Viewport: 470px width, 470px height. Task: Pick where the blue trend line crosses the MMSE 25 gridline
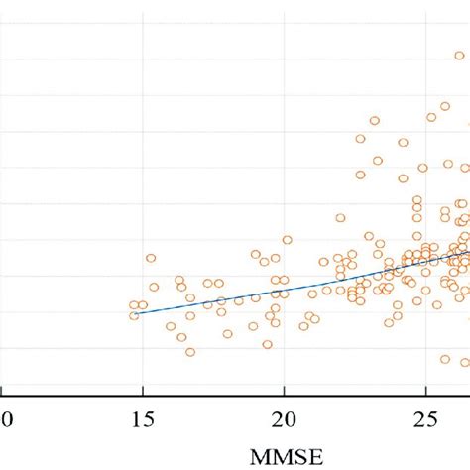click(427, 257)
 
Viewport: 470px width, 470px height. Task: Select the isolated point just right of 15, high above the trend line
click(151, 258)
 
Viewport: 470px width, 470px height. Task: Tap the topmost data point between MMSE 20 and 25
click(375, 121)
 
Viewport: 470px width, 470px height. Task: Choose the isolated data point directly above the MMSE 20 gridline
click(288, 240)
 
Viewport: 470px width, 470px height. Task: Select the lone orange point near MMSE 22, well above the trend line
click(340, 218)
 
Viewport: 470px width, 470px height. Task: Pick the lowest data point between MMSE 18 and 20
click(267, 344)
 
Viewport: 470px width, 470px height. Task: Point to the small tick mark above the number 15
click(143, 390)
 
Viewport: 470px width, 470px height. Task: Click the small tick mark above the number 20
click(286, 390)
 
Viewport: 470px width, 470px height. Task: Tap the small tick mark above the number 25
click(427, 390)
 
